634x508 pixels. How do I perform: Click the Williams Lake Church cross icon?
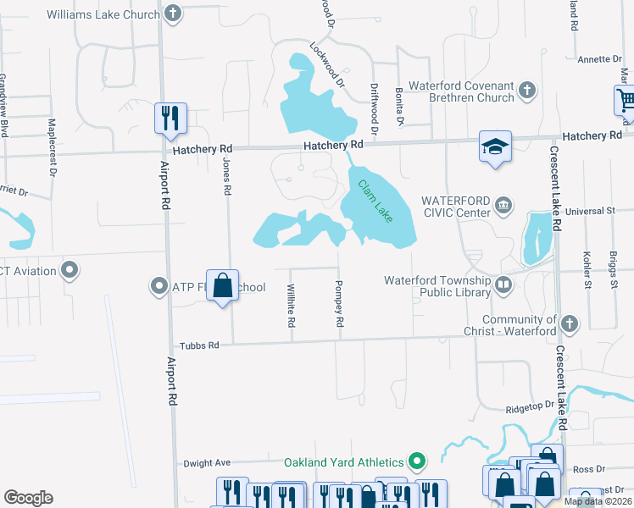[x=172, y=14]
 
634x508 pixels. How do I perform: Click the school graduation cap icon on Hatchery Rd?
[x=494, y=146]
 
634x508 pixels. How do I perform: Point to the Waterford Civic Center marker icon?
[x=503, y=203]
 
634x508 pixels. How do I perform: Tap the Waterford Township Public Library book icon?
[x=504, y=284]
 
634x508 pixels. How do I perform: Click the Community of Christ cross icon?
[x=569, y=323]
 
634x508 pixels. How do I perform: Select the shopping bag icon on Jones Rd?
[x=223, y=286]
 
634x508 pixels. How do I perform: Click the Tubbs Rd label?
[x=199, y=345]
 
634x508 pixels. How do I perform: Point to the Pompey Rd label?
[x=339, y=304]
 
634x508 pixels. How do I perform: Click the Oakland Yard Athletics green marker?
[x=416, y=461]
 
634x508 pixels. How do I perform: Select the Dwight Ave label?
[x=207, y=463]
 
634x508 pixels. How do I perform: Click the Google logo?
[x=28, y=497]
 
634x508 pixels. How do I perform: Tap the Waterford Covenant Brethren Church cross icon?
[x=526, y=89]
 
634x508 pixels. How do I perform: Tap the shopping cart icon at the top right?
[x=626, y=99]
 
